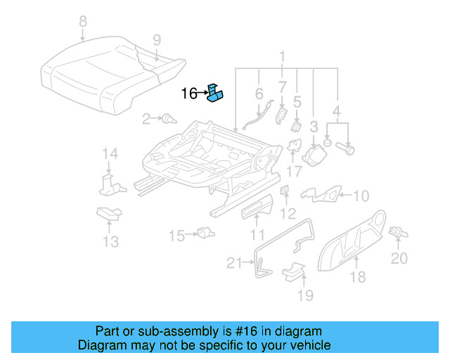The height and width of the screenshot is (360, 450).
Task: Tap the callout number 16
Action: coord(188,93)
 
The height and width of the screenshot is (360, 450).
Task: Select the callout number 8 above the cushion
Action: coord(83,22)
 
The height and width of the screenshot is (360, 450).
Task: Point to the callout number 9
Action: coord(156,39)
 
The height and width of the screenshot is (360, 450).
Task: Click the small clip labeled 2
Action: coord(168,119)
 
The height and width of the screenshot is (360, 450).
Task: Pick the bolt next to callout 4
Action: coord(349,148)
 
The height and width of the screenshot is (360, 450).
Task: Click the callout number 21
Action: coord(234,263)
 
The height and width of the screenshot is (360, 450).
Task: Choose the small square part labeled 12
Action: coord(285,191)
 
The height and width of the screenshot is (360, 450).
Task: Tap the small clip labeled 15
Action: coord(205,232)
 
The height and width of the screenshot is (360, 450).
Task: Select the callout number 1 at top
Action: coord(282,56)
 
